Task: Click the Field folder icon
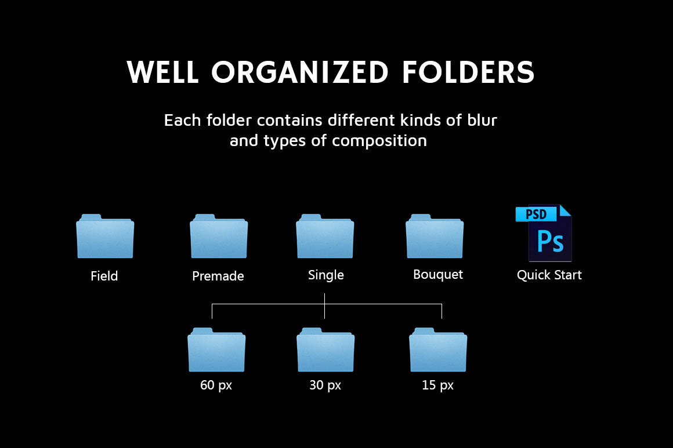[x=105, y=236]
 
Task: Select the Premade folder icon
[x=219, y=236]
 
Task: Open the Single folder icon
[x=325, y=236]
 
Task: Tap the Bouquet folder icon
[x=435, y=236]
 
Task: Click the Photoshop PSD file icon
[x=544, y=233]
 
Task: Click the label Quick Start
[x=549, y=275]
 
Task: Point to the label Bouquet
[x=438, y=275]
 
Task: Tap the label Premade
[x=218, y=276]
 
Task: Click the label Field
[x=104, y=276]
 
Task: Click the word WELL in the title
[x=162, y=72]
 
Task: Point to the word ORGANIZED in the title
[x=299, y=72]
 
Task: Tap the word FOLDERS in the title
[x=468, y=72]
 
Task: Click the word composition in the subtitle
[x=379, y=141]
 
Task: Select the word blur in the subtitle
[x=482, y=120]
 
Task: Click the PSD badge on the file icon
[x=536, y=214]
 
